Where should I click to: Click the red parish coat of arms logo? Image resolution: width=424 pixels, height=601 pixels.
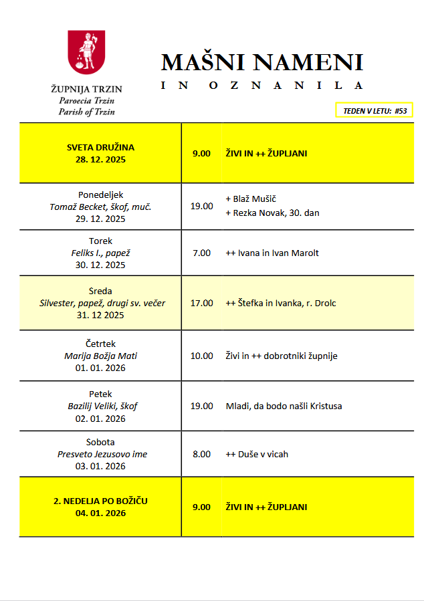[86, 53]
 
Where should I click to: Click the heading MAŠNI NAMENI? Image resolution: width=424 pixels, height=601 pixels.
[261, 62]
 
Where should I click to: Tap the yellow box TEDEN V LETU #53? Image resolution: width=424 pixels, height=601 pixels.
[375, 110]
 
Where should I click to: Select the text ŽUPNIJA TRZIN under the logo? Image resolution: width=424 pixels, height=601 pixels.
[86, 89]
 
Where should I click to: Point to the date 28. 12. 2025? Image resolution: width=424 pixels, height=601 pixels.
[100, 160]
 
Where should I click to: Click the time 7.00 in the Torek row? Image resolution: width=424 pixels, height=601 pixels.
[201, 253]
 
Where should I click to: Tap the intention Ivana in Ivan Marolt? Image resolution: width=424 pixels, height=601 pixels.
[272, 253]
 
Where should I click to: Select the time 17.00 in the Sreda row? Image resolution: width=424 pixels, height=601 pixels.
[201, 303]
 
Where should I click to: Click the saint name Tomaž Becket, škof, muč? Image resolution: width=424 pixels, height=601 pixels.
[100, 207]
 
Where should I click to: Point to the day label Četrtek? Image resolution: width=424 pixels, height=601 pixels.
[100, 343]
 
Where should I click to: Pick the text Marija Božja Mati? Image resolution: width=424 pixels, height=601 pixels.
[100, 356]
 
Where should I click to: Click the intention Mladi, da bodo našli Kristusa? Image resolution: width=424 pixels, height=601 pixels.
[284, 406]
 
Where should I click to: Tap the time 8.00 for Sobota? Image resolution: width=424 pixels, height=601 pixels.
[201, 454]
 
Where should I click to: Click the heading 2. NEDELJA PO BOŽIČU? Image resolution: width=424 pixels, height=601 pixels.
[100, 501]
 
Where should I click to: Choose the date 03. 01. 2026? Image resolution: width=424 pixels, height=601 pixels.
[100, 466]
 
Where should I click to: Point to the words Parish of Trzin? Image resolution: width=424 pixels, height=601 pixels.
[86, 112]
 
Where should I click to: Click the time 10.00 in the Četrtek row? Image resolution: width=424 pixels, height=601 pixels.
[201, 356]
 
